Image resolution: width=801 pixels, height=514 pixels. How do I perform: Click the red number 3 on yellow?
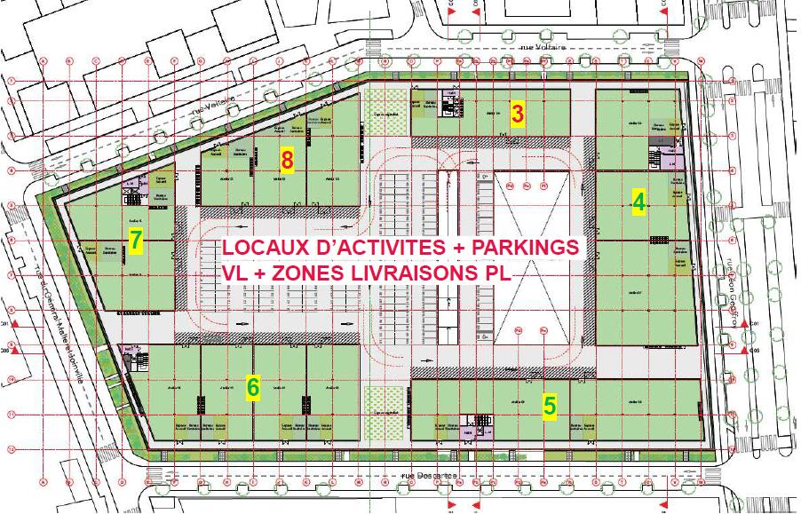point(517,114)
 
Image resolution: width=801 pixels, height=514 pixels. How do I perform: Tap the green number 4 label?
point(638,202)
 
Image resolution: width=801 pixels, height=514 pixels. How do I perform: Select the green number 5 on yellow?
point(550,406)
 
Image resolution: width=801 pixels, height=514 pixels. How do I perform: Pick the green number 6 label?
point(253,387)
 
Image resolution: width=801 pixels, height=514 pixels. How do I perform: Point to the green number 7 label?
point(136,241)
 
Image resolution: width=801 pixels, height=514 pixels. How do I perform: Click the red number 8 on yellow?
point(286,160)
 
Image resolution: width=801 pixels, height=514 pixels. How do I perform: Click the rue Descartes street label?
point(429,476)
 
